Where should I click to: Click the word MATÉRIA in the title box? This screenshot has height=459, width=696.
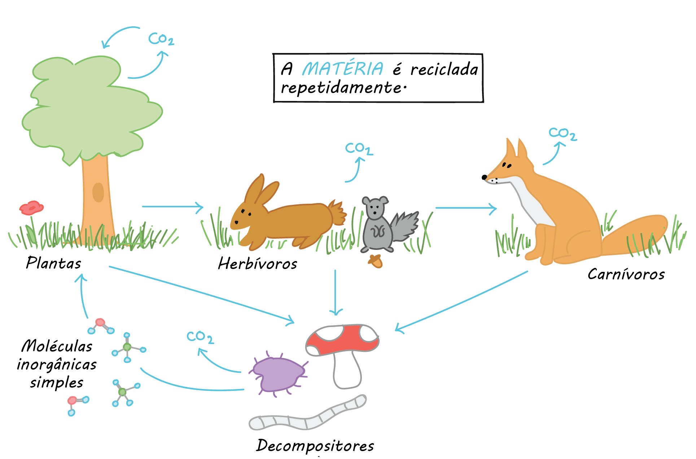pos(342,69)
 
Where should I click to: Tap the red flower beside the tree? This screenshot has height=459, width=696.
pos(32,208)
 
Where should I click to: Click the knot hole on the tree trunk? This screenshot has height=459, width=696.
pos(98,192)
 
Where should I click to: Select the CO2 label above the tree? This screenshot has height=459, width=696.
pos(161,39)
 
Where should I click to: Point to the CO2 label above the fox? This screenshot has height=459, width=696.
pos(562,134)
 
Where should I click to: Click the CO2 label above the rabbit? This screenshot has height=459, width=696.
pos(359,148)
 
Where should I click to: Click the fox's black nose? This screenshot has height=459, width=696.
pos(484,177)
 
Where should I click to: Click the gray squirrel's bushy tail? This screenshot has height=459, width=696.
pos(406,225)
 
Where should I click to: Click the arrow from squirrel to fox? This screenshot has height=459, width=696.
pos(466,208)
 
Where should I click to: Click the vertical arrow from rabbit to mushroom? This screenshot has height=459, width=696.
pos(336,292)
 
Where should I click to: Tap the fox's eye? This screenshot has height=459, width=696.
pos(507,165)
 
